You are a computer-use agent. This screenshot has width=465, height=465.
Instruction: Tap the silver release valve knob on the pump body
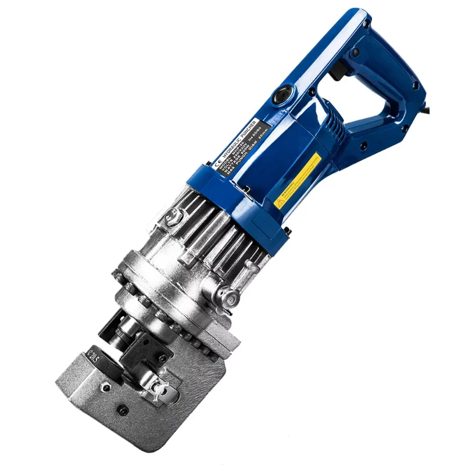231,298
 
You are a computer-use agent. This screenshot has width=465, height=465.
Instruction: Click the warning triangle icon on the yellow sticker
280,203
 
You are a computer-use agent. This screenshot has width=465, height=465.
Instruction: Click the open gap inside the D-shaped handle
378,87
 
